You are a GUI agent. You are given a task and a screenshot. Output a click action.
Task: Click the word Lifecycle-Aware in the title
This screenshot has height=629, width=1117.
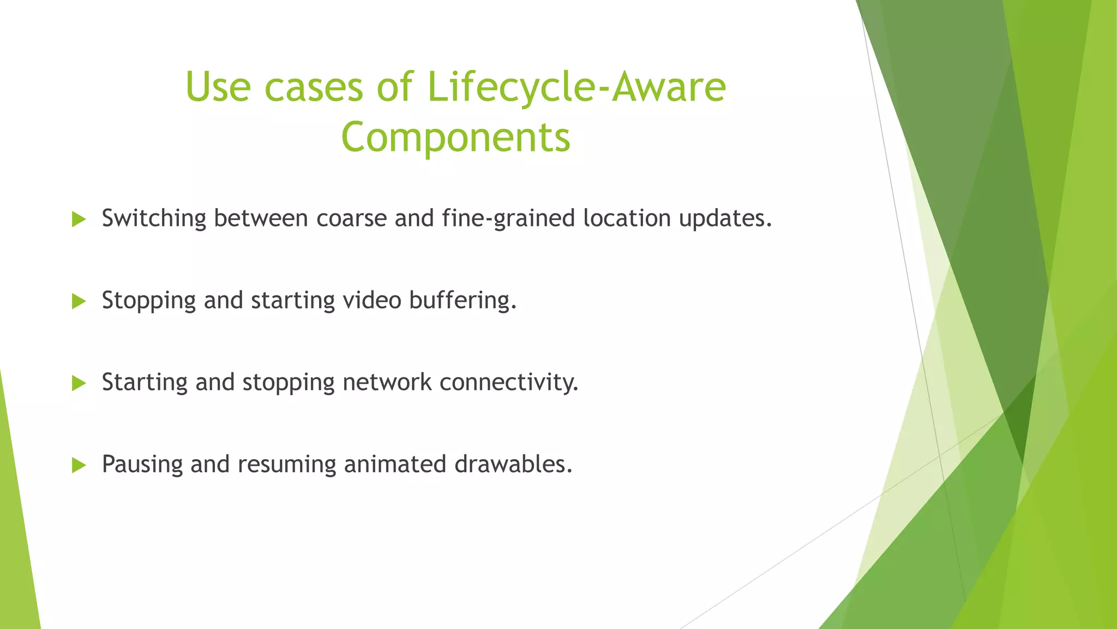[576, 87]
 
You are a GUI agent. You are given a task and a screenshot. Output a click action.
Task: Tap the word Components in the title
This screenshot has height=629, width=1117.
[455, 137]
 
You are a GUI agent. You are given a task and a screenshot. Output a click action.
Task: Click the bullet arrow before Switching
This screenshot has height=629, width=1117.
[79, 219]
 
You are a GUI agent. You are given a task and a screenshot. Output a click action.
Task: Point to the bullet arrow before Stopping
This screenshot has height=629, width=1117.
[79, 301]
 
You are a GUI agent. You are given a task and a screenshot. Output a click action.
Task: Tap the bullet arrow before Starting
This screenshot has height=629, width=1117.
[79, 383]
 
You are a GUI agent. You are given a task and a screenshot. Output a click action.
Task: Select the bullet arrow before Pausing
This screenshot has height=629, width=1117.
[79, 465]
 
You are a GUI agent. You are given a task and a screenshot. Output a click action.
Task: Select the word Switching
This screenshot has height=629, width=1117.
[154, 218]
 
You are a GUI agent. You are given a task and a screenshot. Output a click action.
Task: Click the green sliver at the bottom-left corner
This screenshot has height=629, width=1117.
[16, 573]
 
